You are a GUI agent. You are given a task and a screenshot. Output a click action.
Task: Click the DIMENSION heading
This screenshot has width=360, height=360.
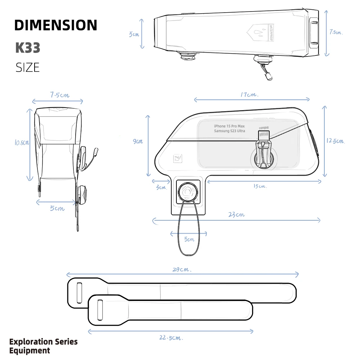[x=56, y=25]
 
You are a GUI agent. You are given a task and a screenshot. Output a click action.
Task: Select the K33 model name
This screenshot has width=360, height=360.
[x=28, y=48]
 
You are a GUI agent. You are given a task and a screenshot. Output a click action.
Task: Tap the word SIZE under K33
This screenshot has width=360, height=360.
[x=28, y=67]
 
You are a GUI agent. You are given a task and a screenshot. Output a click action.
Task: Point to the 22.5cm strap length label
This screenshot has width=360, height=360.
[x=171, y=338]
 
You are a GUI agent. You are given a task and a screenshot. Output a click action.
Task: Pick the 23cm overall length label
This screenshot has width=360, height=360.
[x=236, y=215]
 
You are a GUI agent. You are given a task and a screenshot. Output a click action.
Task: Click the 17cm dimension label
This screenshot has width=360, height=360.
[x=249, y=95]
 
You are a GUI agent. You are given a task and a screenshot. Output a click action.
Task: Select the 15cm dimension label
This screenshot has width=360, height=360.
[x=260, y=186]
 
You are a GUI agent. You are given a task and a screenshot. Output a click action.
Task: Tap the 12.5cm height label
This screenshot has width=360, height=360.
[x=336, y=141]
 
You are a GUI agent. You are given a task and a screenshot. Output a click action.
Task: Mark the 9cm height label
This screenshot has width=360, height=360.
[x=138, y=141]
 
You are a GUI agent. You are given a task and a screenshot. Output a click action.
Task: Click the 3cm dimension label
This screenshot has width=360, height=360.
[x=161, y=188]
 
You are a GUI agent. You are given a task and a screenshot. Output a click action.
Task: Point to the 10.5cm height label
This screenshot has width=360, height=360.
[x=22, y=143]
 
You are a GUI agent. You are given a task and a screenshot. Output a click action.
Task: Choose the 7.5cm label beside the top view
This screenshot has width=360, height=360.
[x=336, y=32]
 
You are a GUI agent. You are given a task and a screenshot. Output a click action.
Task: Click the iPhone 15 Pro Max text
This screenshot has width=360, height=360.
[x=229, y=126]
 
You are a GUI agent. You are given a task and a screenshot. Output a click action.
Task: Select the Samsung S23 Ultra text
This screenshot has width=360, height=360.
[x=229, y=131]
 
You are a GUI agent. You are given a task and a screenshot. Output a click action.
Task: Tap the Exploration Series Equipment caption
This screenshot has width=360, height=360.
[x=43, y=346]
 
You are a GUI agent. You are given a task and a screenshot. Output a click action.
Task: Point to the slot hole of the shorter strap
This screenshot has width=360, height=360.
[x=100, y=309]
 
